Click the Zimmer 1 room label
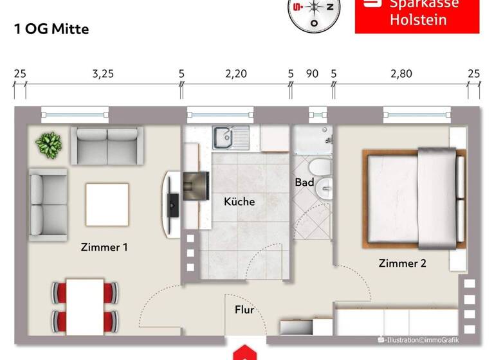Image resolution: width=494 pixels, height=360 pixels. [x=104, y=247]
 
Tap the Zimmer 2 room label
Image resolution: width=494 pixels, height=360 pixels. [x=402, y=263]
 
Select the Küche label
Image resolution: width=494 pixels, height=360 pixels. [x=239, y=202]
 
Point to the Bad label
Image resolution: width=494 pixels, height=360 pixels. [x=304, y=183]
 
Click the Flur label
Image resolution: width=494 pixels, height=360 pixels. [x=244, y=310]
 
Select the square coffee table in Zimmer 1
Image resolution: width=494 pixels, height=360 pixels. [x=107, y=204]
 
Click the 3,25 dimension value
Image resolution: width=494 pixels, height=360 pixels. [x=103, y=74]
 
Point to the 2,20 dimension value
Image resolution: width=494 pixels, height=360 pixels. [x=236, y=74]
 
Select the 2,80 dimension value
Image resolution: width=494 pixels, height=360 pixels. [x=401, y=74]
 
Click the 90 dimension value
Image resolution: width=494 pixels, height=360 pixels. [x=312, y=74]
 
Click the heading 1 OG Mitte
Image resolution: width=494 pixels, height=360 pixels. [x=51, y=29]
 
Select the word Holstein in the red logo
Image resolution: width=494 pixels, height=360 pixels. [x=417, y=20]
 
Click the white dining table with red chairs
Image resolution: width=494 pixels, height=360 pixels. [x=86, y=304]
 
